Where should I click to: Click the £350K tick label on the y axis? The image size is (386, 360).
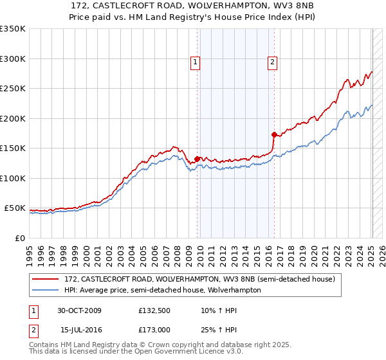(x=13, y=29)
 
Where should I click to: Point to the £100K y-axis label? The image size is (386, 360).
(x=13, y=178)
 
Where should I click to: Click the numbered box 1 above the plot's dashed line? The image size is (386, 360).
(x=195, y=62)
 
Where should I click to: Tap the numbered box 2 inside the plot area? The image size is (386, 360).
(x=273, y=62)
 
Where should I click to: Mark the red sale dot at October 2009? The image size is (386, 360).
(x=198, y=159)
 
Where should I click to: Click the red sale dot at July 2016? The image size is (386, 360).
(x=274, y=134)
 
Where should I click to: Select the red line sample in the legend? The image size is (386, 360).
(x=46, y=280)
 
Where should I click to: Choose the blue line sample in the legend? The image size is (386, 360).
(x=46, y=290)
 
